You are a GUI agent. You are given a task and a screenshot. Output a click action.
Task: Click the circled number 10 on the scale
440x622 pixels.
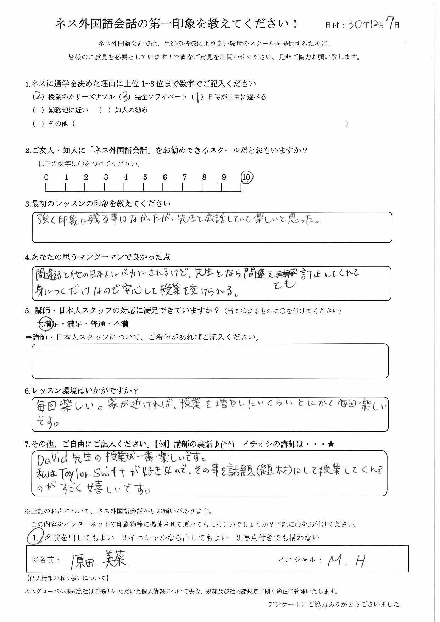(247, 177)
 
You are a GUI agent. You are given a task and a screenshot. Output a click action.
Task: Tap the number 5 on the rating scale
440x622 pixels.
(145, 177)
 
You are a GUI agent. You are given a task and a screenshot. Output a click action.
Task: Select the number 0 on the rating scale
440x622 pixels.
(46, 177)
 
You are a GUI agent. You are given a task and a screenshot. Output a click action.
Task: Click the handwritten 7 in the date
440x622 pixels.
(389, 24)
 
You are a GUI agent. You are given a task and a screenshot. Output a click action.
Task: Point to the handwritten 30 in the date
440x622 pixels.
(355, 24)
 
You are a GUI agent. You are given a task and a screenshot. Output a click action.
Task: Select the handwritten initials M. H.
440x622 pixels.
(347, 560)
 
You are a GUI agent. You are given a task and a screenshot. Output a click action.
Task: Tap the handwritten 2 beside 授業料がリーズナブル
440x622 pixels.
(37, 96)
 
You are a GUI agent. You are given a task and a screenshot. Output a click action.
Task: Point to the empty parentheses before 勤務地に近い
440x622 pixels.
(38, 110)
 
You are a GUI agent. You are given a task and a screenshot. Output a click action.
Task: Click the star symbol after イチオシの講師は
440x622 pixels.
(331, 444)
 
